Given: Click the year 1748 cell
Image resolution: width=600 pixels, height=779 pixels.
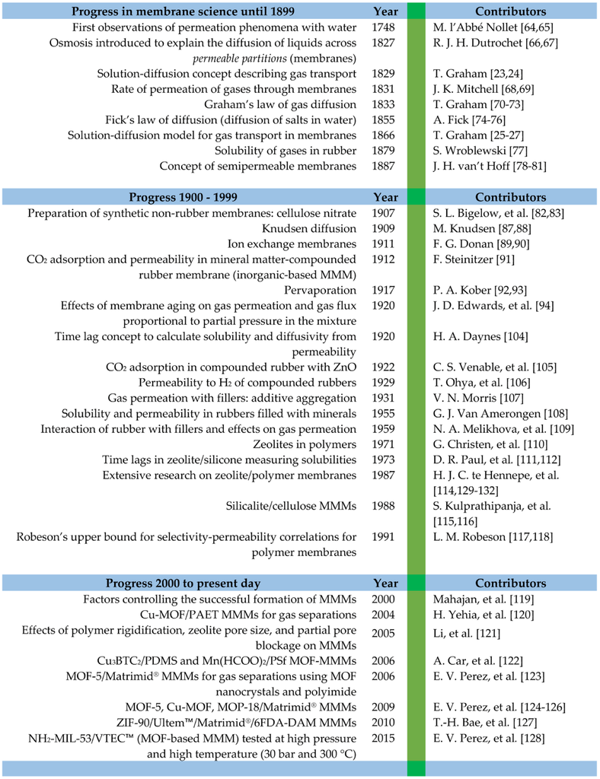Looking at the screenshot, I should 386,27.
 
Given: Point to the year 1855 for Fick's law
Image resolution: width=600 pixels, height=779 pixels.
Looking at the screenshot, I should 386,119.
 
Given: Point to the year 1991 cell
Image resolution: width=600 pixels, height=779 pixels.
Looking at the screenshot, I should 386,537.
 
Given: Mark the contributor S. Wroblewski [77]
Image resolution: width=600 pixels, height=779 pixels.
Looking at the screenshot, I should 474,150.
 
